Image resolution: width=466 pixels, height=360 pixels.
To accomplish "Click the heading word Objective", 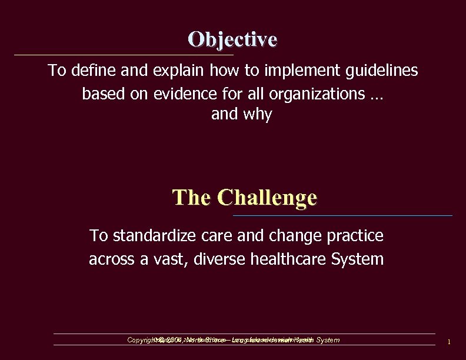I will click(x=232, y=39).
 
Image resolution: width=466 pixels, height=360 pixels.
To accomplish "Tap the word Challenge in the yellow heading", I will click(x=267, y=197).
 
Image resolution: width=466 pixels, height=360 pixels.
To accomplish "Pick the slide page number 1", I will click(x=448, y=342).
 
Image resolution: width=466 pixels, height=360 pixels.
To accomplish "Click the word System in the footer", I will click(x=328, y=340).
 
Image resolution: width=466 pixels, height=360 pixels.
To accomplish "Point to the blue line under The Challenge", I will click(x=342, y=216).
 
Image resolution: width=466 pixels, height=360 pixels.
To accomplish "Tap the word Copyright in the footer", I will click(x=140, y=340).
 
